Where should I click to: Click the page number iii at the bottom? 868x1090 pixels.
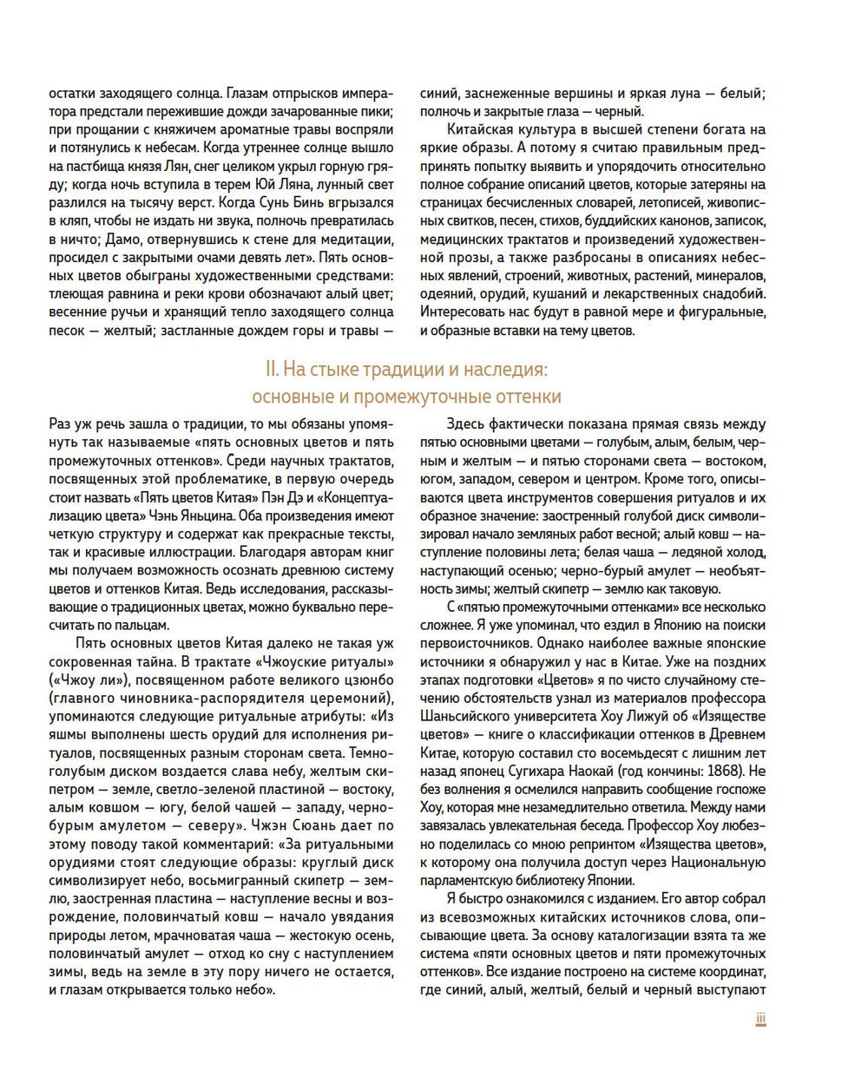click(x=760, y=1019)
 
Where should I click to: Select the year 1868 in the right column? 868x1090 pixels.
click(x=722, y=771)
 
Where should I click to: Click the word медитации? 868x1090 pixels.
click(x=353, y=240)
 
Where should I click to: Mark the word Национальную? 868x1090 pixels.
click(x=722, y=862)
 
